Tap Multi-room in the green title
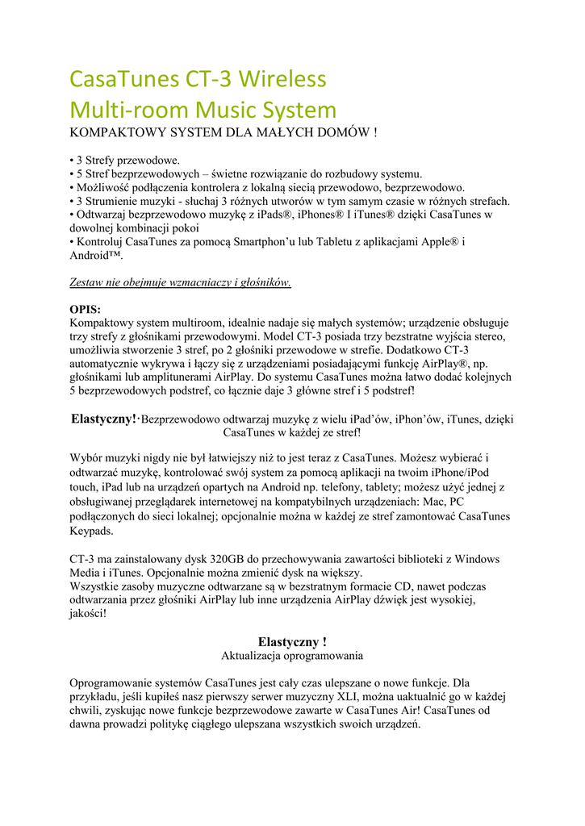point(123,110)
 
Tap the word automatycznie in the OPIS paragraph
point(110,364)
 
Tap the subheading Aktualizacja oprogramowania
point(292,656)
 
